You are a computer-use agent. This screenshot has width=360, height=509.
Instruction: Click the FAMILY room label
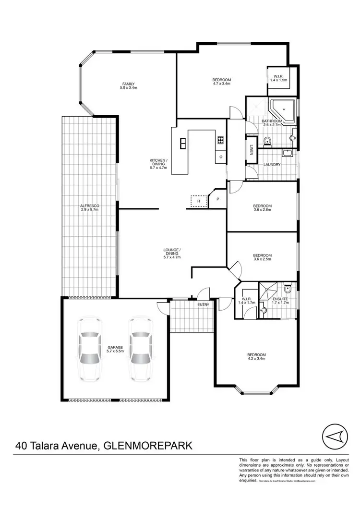point(128,84)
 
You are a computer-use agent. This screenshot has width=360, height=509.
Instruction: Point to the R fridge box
point(198,201)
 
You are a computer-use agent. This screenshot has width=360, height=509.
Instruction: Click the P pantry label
point(217,199)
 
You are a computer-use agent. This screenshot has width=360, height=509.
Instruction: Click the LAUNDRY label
point(272,165)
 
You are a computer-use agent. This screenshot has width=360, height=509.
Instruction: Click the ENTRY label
point(203,304)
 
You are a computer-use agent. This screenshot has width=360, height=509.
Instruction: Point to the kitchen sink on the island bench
point(183,143)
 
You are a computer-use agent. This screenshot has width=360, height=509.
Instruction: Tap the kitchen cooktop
point(220,140)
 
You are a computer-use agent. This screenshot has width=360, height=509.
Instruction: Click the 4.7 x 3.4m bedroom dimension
point(222,84)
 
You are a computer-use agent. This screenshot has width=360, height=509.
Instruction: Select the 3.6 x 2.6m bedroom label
point(263,210)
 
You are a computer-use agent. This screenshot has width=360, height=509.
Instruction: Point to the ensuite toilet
point(287,290)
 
